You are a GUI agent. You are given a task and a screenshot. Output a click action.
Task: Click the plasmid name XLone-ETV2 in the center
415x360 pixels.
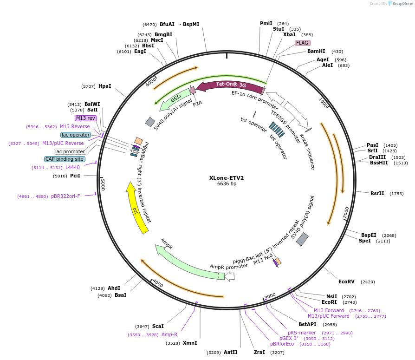tap(227, 177)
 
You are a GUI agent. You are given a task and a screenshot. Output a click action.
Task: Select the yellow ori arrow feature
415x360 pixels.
tap(136, 208)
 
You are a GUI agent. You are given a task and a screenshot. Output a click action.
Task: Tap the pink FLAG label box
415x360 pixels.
tap(302, 43)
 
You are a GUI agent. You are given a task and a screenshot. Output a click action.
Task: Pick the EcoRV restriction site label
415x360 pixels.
tap(346, 281)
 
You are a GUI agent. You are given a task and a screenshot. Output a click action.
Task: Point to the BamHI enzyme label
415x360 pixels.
tap(316, 51)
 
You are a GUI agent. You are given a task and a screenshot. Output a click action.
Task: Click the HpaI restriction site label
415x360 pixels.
tap(105, 86)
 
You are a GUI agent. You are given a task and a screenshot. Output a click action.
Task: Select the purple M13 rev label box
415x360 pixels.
tap(85, 118)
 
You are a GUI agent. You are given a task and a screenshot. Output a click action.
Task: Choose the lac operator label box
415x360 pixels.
tap(76, 135)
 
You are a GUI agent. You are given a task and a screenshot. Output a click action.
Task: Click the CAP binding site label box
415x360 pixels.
tap(65, 159)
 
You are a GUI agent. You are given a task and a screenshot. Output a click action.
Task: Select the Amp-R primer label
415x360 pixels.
tap(169, 334)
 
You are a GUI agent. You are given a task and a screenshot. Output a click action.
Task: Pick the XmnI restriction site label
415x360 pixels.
tap(190, 343)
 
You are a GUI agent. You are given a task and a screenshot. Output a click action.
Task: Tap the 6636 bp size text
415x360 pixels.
tap(227, 184)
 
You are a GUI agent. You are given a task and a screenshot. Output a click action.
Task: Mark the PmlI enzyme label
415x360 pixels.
tap(266, 23)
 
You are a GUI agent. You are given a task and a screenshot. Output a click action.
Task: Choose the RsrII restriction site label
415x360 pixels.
tap(377, 193)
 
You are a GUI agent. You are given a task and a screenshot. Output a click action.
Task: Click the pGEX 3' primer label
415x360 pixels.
tap(288, 338)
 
